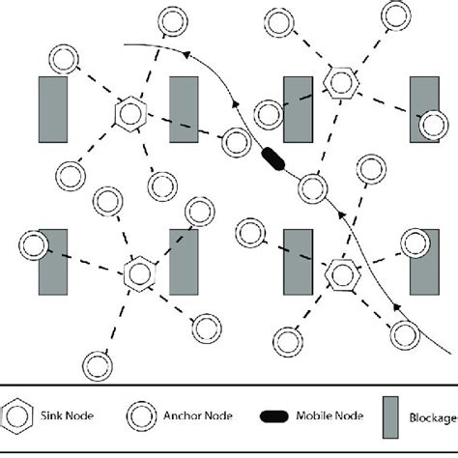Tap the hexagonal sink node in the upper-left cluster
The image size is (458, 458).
[129, 113]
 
